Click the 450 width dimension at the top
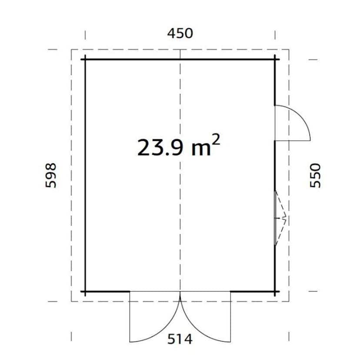pyautogui.click(x=180, y=33)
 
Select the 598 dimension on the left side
pyautogui.click(x=51, y=175)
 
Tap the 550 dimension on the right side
pyautogui.click(x=315, y=175)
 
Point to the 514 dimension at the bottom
pyautogui.click(x=180, y=339)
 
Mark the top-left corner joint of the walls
pyautogui.click(x=85, y=60)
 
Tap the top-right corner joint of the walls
pyautogui.click(x=275, y=60)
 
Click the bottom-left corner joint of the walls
pyautogui.click(x=85, y=291)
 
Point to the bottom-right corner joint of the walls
pyautogui.click(x=275, y=291)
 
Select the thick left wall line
pyautogui.click(x=85, y=174)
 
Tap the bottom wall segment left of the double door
pyautogui.click(x=107, y=291)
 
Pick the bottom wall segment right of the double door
pyautogui.click(x=252, y=291)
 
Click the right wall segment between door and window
pyautogui.click(x=275, y=165)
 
